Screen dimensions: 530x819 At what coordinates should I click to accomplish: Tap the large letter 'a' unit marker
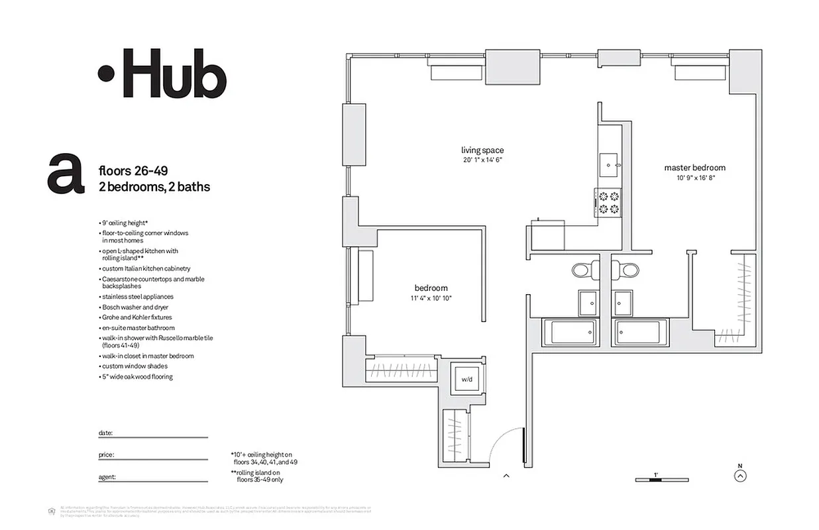(x=66, y=174)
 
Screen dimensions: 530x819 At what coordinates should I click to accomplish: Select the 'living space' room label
(x=482, y=150)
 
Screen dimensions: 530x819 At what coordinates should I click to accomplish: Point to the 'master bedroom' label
(x=694, y=168)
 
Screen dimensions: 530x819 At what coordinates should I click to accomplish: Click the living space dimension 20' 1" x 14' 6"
(x=482, y=160)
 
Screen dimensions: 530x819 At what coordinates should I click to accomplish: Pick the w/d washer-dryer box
(x=467, y=379)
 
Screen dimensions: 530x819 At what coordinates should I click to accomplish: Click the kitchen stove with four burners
(x=609, y=202)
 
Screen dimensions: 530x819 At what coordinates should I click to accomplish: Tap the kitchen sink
(x=609, y=164)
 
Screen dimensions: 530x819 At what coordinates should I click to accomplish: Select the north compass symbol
(x=741, y=474)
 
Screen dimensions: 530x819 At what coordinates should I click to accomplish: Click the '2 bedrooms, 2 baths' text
(x=154, y=187)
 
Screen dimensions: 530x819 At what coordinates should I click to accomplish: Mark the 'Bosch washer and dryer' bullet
(x=135, y=307)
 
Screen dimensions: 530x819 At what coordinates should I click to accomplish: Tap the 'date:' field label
(x=105, y=433)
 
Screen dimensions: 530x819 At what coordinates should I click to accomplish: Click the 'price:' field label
(x=106, y=455)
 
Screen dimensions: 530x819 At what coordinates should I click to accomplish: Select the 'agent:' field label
(x=107, y=477)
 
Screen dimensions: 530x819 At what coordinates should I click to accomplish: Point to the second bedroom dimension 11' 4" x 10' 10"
(x=431, y=298)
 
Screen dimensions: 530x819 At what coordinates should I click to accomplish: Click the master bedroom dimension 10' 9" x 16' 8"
(x=694, y=178)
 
